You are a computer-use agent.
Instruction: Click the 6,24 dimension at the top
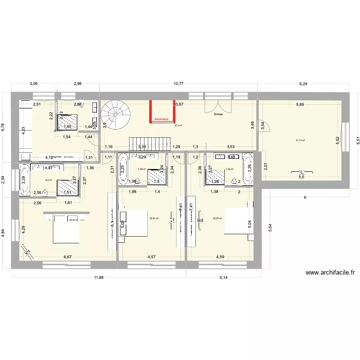click(303, 84)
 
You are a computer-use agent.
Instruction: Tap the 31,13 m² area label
click(301, 140)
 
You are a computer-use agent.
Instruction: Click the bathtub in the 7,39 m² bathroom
click(123, 168)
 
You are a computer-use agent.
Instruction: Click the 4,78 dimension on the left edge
click(3, 130)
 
